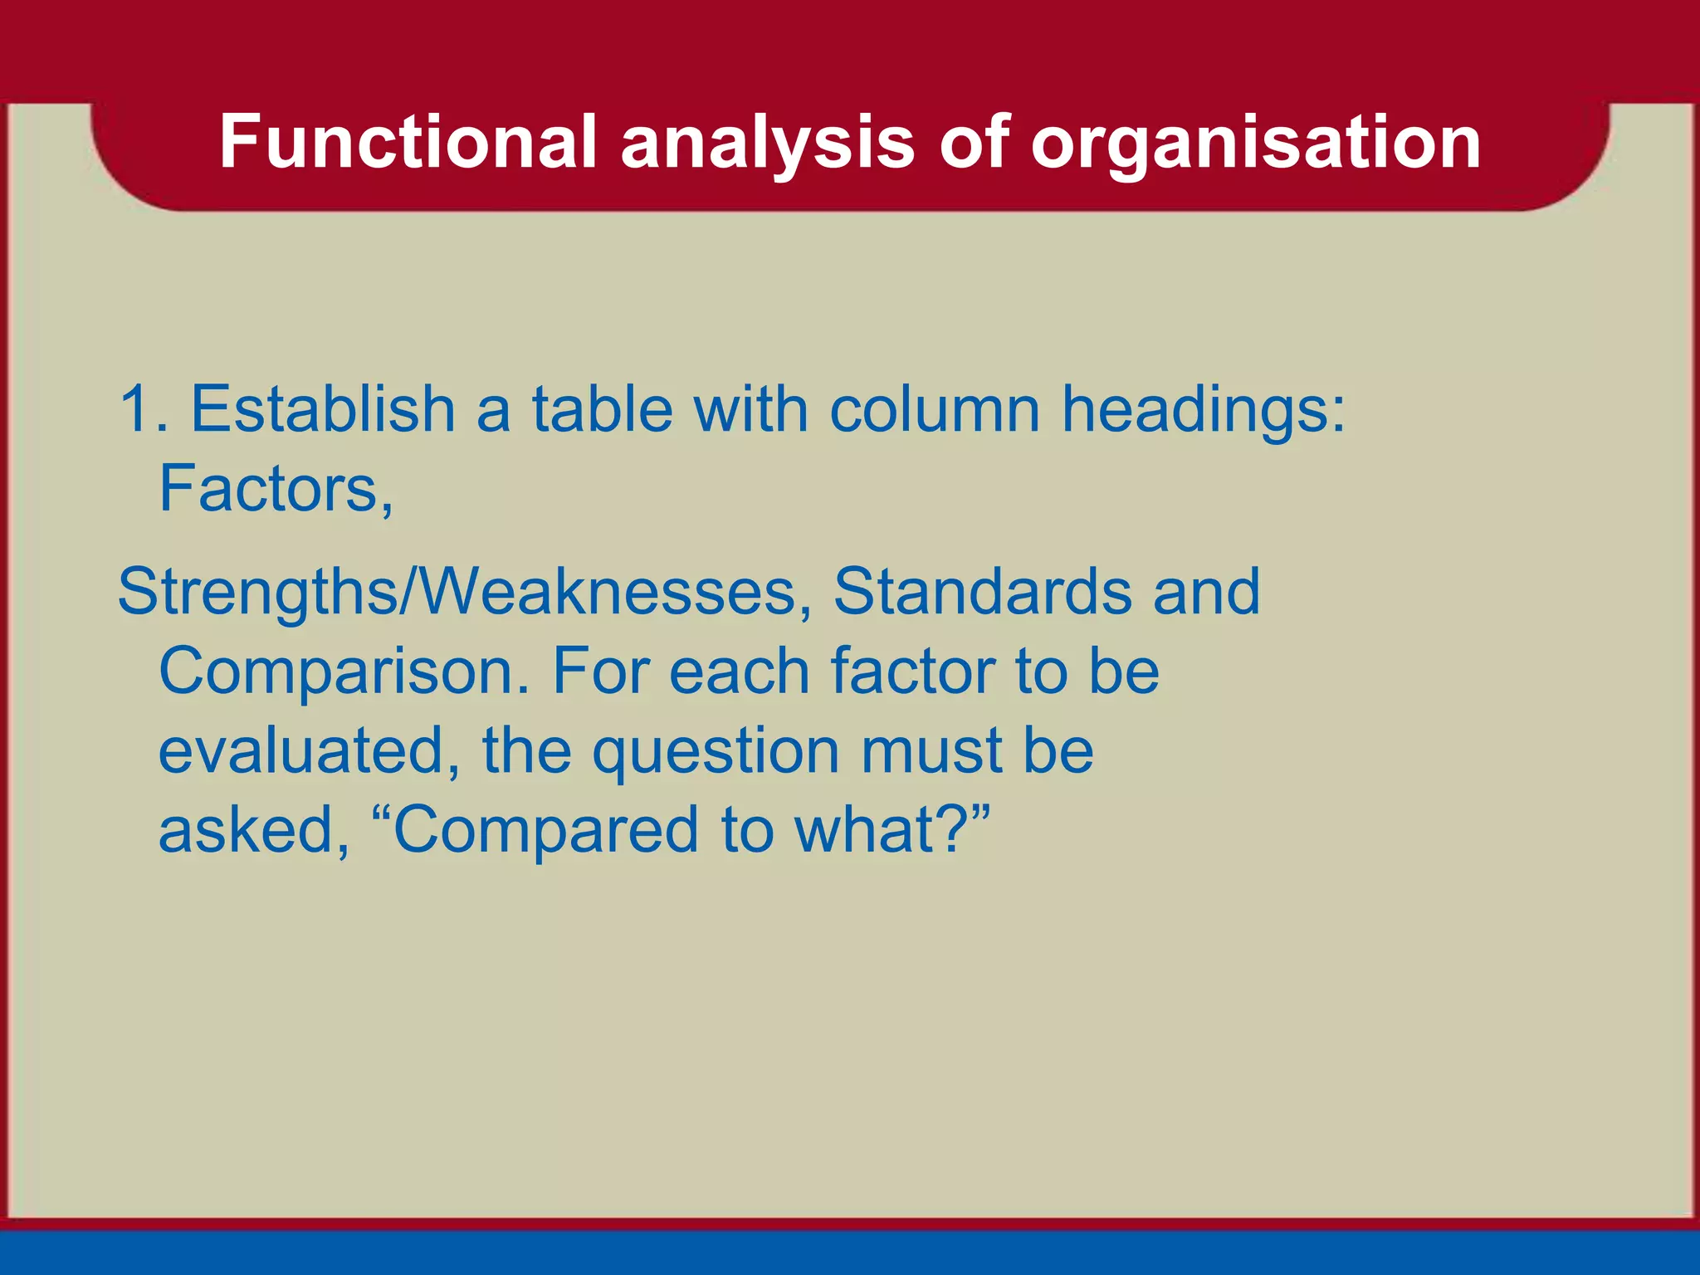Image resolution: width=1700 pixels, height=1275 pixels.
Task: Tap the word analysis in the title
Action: click(x=768, y=142)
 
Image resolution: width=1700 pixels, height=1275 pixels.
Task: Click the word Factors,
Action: click(x=276, y=489)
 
